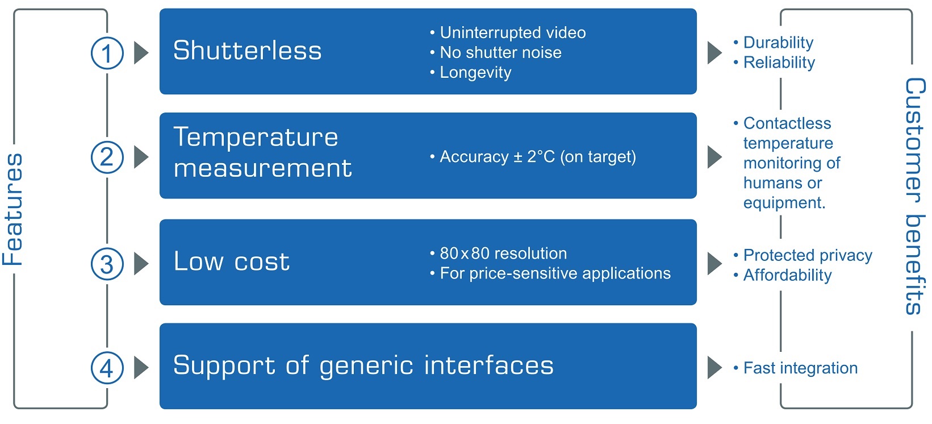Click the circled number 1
(107, 53)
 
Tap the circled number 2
(107, 157)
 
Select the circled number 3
(107, 264)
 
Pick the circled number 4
(107, 368)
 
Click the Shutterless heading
(247, 51)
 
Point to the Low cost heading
(231, 261)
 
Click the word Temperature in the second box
(256, 138)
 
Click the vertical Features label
(13, 209)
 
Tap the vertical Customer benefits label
(914, 196)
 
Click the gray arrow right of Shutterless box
(714, 53)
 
